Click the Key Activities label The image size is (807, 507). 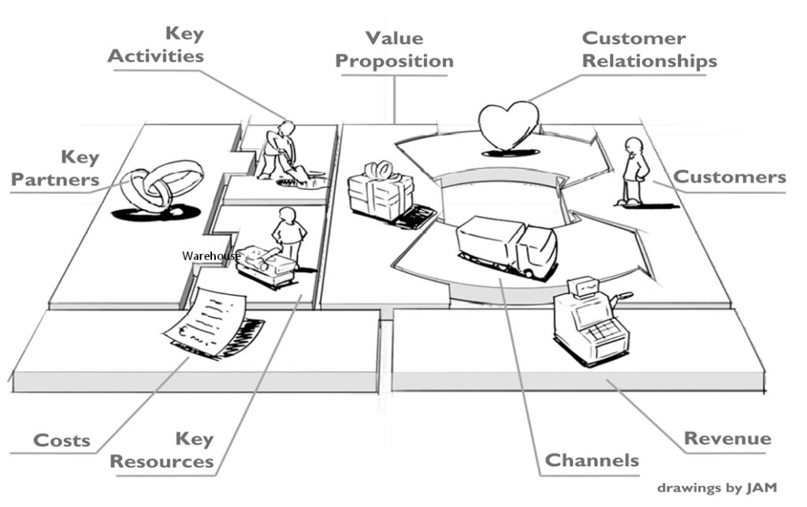[x=156, y=45]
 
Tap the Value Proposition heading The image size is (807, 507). [x=397, y=50]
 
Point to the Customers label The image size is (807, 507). [x=729, y=177]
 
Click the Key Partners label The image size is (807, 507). [x=55, y=169]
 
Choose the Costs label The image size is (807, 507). [x=61, y=440]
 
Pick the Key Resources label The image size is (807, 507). [x=162, y=449]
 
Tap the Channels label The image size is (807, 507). [x=592, y=460]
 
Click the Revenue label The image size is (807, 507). [x=727, y=439]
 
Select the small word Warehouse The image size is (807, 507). [x=210, y=255]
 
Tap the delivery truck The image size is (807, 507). [x=508, y=245]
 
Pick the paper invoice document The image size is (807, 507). [x=206, y=319]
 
